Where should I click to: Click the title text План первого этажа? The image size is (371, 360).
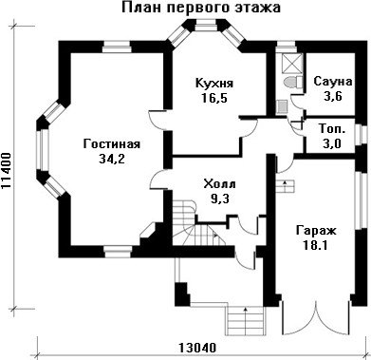click(x=201, y=9)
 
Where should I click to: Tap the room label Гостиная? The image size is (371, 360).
click(x=112, y=144)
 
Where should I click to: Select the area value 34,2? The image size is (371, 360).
click(x=112, y=159)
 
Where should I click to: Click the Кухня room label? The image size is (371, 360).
click(x=214, y=84)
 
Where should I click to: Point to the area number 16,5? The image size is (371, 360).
click(x=214, y=98)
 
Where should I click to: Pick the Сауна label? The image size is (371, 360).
click(x=333, y=82)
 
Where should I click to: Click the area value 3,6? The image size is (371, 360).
click(x=333, y=96)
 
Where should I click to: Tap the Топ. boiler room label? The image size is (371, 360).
click(x=332, y=129)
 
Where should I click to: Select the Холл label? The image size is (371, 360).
click(x=220, y=183)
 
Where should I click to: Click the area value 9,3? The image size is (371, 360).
click(x=220, y=199)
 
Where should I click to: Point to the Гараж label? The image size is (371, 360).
click(x=316, y=230)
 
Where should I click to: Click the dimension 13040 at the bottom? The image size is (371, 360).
click(x=197, y=348)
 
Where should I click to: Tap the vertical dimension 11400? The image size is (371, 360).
click(x=7, y=171)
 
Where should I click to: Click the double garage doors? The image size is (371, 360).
click(x=316, y=318)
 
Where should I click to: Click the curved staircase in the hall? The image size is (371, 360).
click(x=196, y=223)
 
